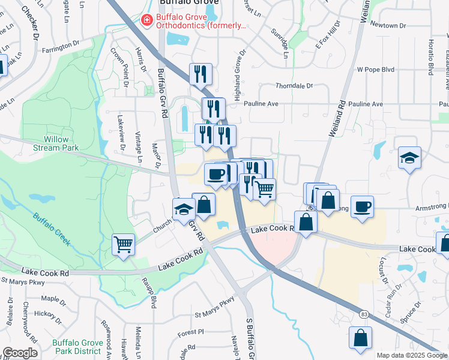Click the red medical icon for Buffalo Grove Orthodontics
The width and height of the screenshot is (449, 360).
coord(145,20)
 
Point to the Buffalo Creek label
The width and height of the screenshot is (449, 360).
coord(51,230)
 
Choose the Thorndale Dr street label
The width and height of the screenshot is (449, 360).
coord(294,86)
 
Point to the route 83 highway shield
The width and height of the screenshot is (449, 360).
coord(364,314)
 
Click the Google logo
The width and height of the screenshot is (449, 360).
coord(20,353)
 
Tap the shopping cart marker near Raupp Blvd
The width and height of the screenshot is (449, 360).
coord(123,244)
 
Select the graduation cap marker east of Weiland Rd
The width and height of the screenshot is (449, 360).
coord(410,158)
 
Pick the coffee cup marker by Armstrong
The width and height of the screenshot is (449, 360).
coord(362,207)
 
